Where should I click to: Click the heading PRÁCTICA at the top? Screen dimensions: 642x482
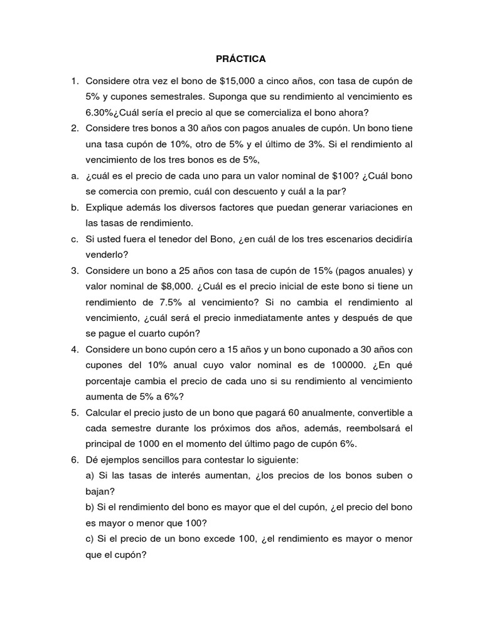tap(241, 59)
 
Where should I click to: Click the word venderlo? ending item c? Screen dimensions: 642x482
tap(105, 255)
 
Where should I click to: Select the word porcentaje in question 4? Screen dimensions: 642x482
tap(108, 381)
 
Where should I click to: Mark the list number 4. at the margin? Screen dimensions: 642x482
tap(74, 349)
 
